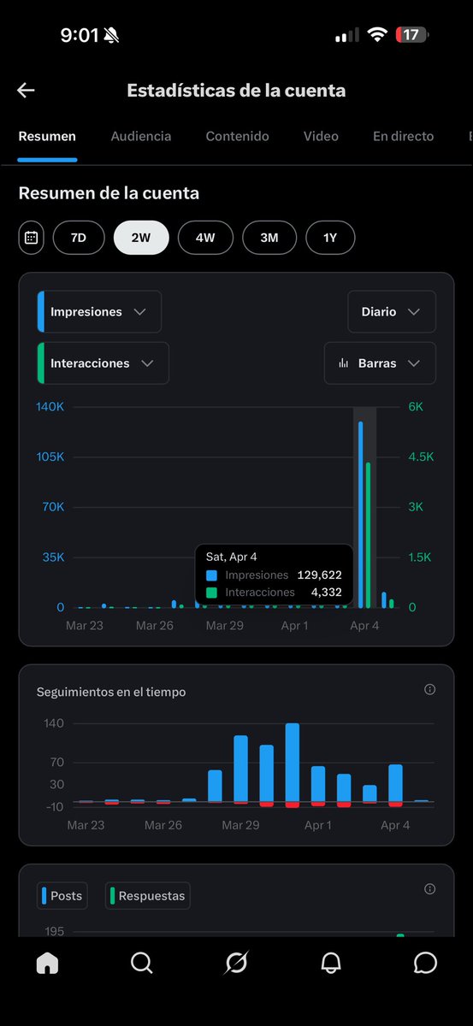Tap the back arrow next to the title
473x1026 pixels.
[26, 91]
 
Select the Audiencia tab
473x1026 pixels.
[141, 136]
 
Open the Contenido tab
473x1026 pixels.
[237, 136]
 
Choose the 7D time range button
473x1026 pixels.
[79, 238]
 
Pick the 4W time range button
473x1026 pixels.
[205, 238]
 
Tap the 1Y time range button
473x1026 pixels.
[330, 238]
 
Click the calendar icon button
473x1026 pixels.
[32, 238]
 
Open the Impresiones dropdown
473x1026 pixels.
[99, 312]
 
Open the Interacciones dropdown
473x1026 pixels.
[103, 363]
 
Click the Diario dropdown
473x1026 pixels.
[392, 312]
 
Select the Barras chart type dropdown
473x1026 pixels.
[380, 363]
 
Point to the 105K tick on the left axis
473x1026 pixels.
[50, 457]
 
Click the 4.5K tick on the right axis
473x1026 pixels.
[421, 457]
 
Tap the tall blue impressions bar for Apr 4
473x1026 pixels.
[360, 513]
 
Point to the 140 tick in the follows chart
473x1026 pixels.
[54, 723]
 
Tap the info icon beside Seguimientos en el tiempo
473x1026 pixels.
[429, 689]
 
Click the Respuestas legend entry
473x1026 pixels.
[148, 896]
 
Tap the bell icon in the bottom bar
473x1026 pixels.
[331, 964]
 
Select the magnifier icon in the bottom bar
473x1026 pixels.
[142, 964]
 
